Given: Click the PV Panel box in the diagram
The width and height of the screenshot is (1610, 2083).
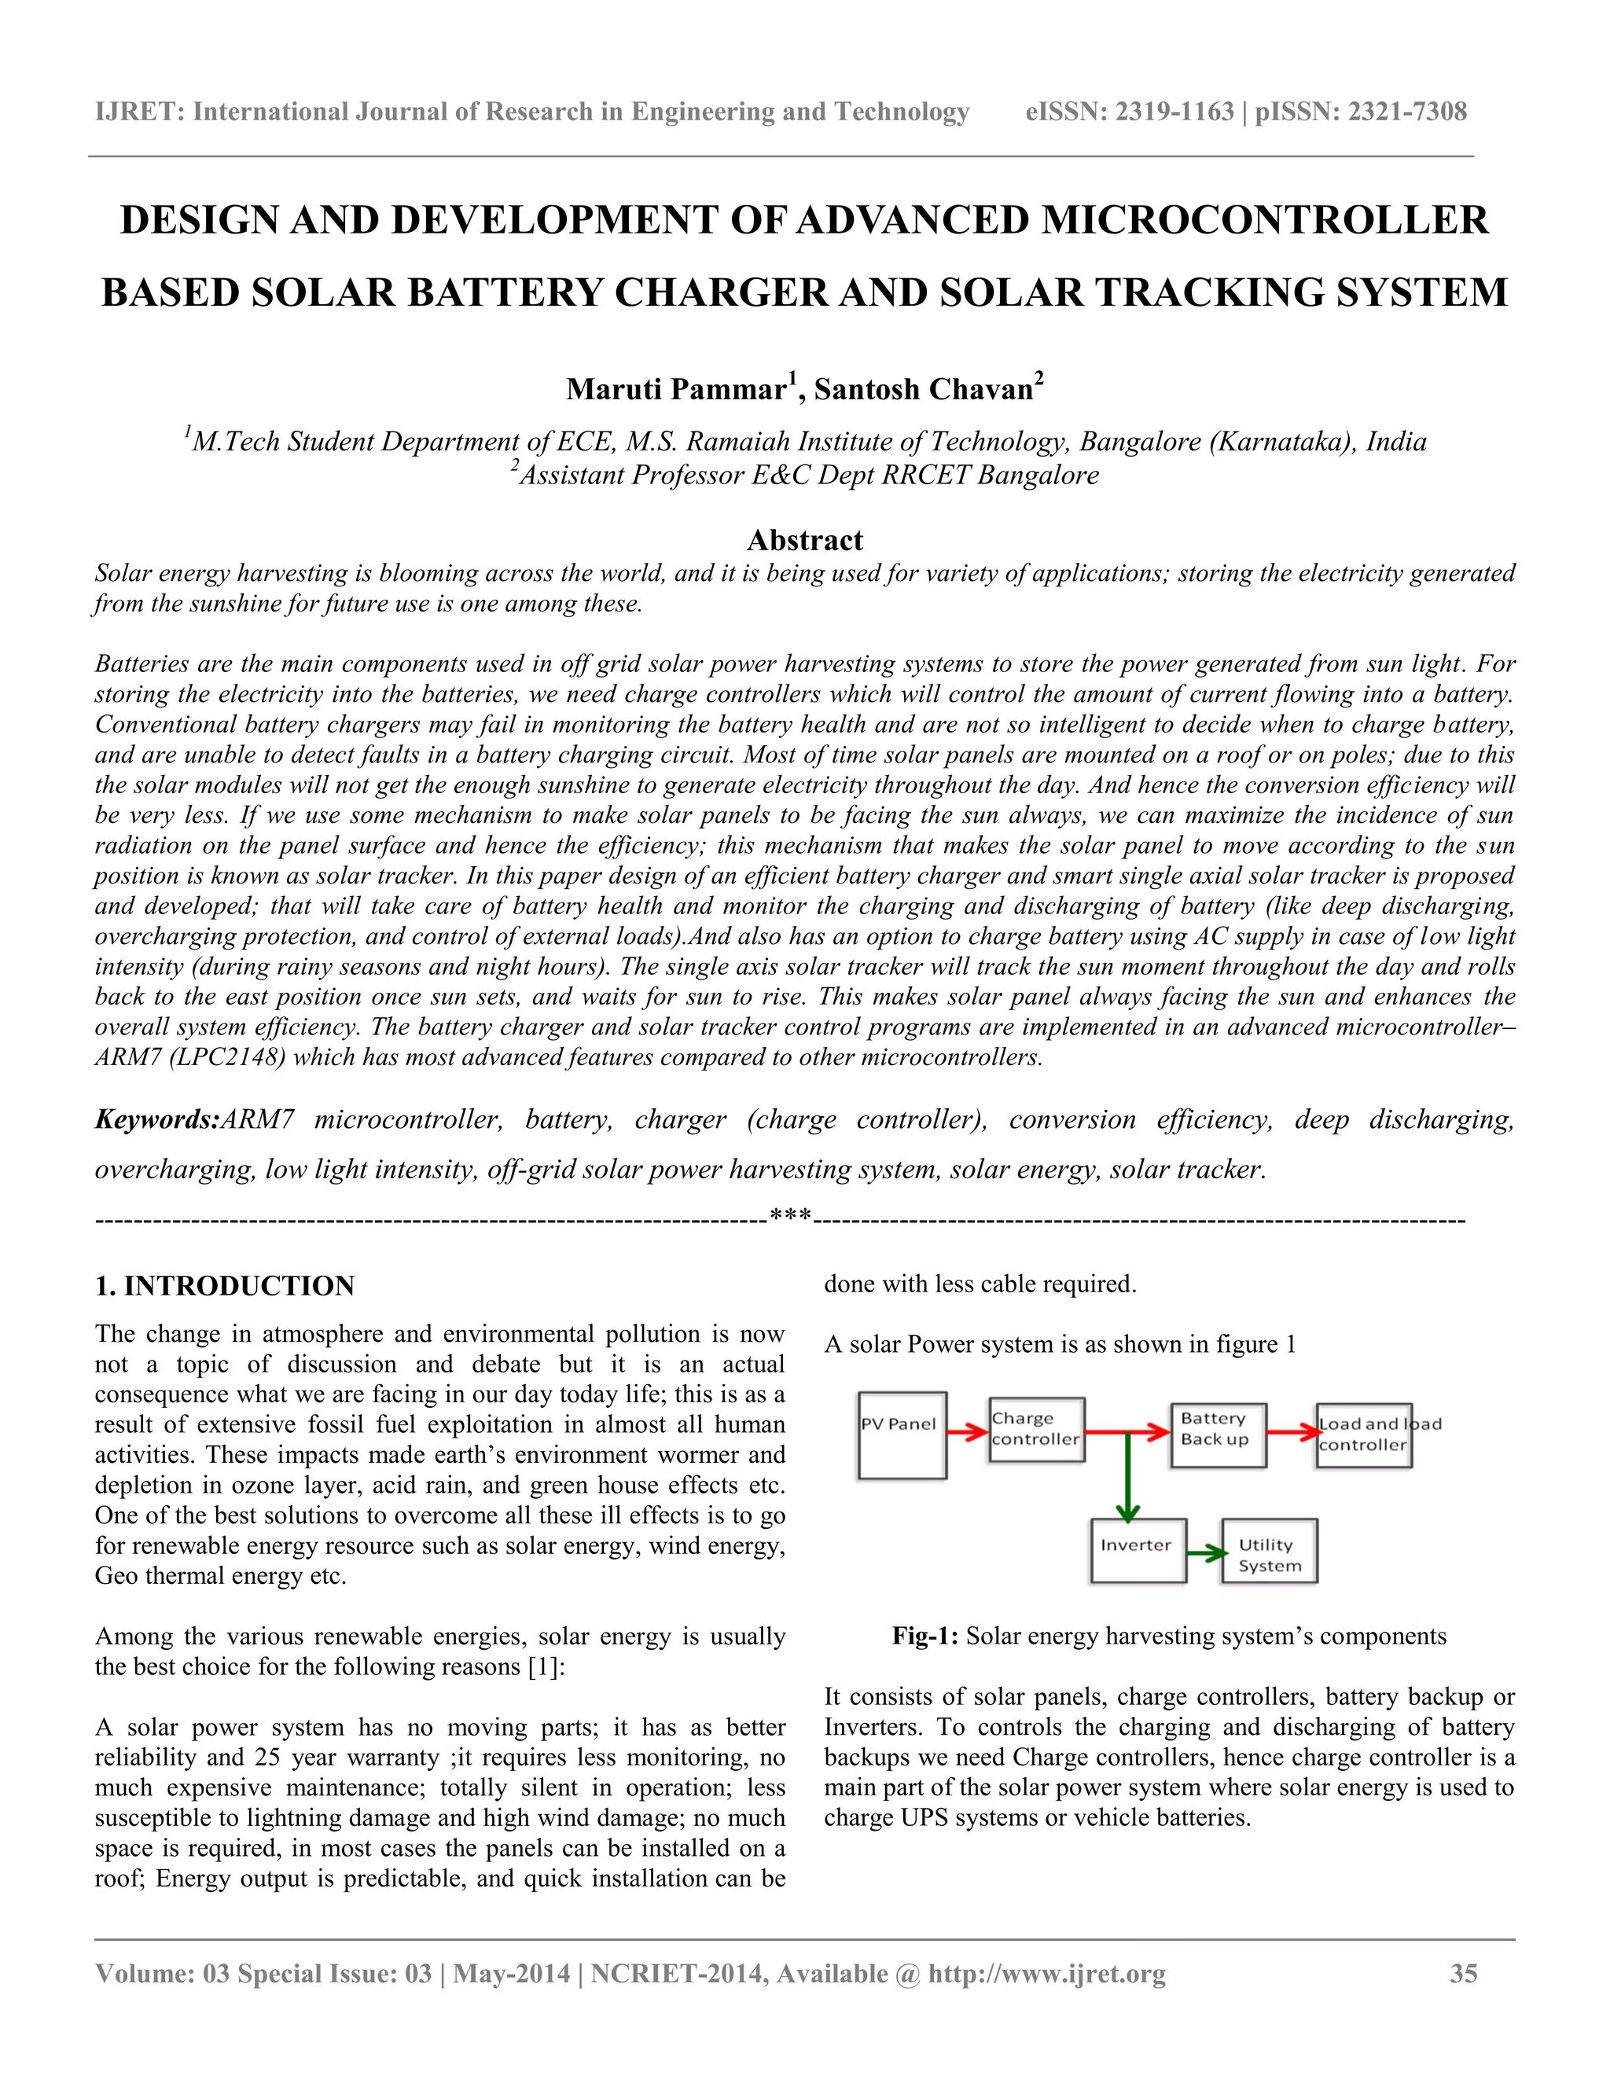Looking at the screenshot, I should point(902,1435).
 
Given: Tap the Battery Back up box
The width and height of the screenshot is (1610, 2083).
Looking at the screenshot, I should point(1218,1435).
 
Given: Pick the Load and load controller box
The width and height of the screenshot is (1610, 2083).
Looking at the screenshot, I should point(1363,1435).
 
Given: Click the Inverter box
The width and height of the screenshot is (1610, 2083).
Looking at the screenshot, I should point(1138,1551).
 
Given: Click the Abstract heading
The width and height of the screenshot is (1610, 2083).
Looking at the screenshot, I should point(804,541).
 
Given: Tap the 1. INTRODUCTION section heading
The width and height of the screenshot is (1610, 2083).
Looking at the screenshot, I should point(224,1286).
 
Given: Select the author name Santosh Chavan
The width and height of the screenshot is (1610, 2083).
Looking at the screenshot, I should point(923,390).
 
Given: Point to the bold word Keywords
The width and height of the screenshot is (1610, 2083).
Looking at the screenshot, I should point(156,1119).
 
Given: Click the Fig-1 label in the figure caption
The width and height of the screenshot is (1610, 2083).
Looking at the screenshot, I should point(924,1637).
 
